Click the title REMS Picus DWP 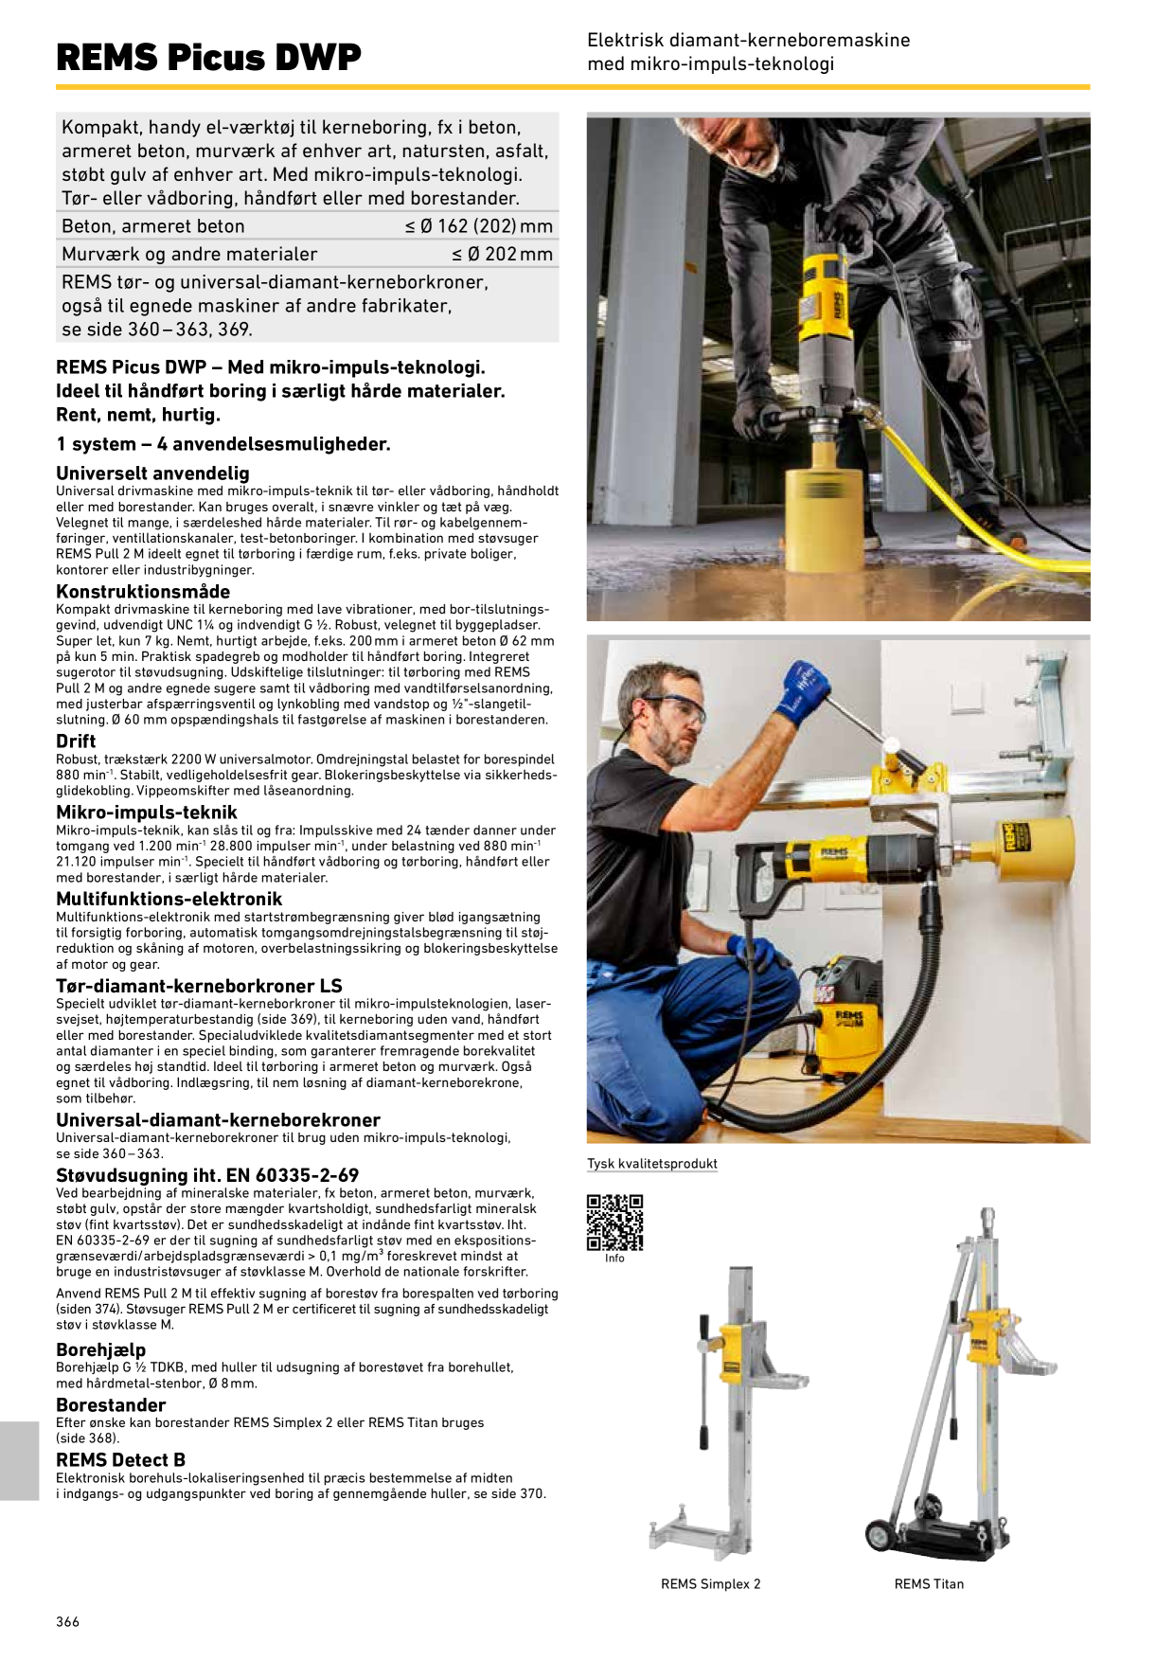208,57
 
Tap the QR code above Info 614,1223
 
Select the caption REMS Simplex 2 710,1583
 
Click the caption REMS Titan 929,1583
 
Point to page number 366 68,1621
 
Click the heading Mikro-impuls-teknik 147,812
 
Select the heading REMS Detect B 120,1459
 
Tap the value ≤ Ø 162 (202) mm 479,226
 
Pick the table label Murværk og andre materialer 189,254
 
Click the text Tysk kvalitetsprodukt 652,1164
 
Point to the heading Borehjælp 101,1349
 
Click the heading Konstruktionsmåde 143,592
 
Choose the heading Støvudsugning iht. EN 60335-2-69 207,1175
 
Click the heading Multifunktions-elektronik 169,899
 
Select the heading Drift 76,741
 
